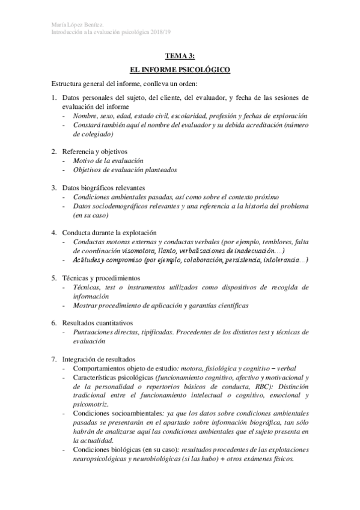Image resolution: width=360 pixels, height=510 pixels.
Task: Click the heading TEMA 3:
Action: [180, 57]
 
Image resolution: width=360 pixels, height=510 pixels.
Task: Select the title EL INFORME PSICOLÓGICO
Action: [180, 70]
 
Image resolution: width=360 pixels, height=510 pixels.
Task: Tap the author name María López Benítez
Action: [75, 24]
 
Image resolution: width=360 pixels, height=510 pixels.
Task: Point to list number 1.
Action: [53, 97]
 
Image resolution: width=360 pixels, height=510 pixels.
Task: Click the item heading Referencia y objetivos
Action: [96, 151]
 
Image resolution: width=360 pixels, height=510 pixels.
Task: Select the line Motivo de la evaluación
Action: [108, 161]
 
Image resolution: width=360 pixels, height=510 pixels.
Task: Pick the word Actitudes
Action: [89, 260]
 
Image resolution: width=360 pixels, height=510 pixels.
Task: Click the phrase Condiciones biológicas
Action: [107, 449]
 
